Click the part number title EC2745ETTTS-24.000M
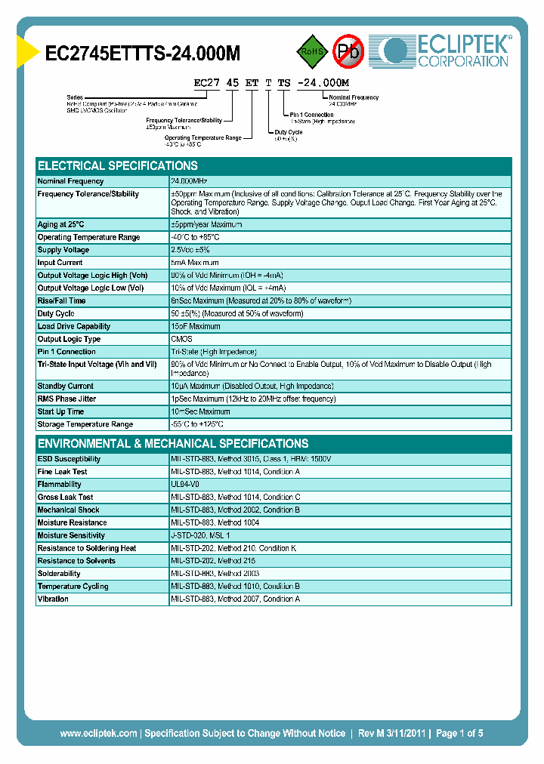[143, 53]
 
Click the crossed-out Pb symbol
[348, 51]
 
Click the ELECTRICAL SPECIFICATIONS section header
[118, 165]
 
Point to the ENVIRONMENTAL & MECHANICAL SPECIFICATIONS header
[173, 443]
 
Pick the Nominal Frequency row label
[71, 181]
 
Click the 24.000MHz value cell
[189, 181]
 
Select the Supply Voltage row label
[63, 250]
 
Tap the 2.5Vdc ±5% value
[190, 250]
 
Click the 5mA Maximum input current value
[194, 263]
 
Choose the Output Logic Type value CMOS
[181, 339]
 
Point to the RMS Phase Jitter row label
[67, 399]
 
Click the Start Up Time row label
[61, 411]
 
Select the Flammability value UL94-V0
[185, 485]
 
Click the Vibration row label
[53, 599]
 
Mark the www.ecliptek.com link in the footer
[98, 733]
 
